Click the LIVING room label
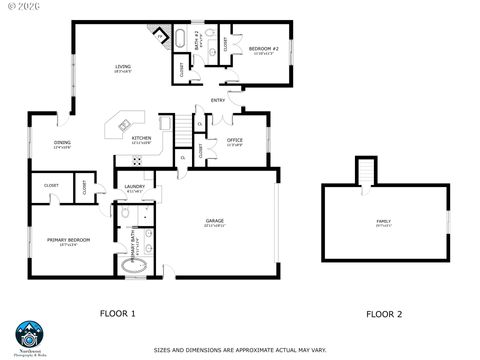[123, 67]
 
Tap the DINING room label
[62, 143]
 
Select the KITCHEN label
[141, 138]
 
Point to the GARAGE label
[214, 220]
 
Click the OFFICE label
[235, 139]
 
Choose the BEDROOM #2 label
[262, 48]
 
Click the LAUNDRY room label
[135, 187]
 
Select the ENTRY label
[217, 100]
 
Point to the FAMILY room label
[383, 221]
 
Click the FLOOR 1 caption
[117, 314]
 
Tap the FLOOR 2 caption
[383, 314]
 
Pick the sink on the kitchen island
[124, 125]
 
